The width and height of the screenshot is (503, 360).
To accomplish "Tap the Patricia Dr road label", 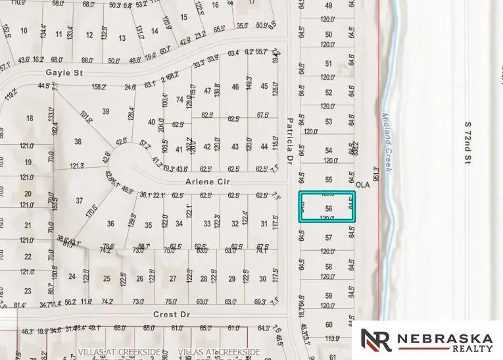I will click(289, 140).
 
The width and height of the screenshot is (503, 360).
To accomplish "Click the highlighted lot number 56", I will click(329, 209).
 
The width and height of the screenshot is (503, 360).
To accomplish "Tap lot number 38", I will click(78, 141).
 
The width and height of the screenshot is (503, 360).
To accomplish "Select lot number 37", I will click(80, 201).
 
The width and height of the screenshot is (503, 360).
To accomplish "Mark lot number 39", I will click(105, 112).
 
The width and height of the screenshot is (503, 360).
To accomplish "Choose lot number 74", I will click(180, 99).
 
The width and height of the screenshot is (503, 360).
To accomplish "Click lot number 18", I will click(29, 118).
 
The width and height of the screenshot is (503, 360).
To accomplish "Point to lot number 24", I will click(72, 278).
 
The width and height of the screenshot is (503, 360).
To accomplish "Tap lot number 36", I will click(110, 224).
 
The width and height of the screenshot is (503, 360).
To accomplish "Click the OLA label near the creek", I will click(362, 185).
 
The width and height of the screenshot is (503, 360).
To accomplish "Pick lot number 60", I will click(329, 325).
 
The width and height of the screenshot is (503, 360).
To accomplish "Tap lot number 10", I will click(24, 30).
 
